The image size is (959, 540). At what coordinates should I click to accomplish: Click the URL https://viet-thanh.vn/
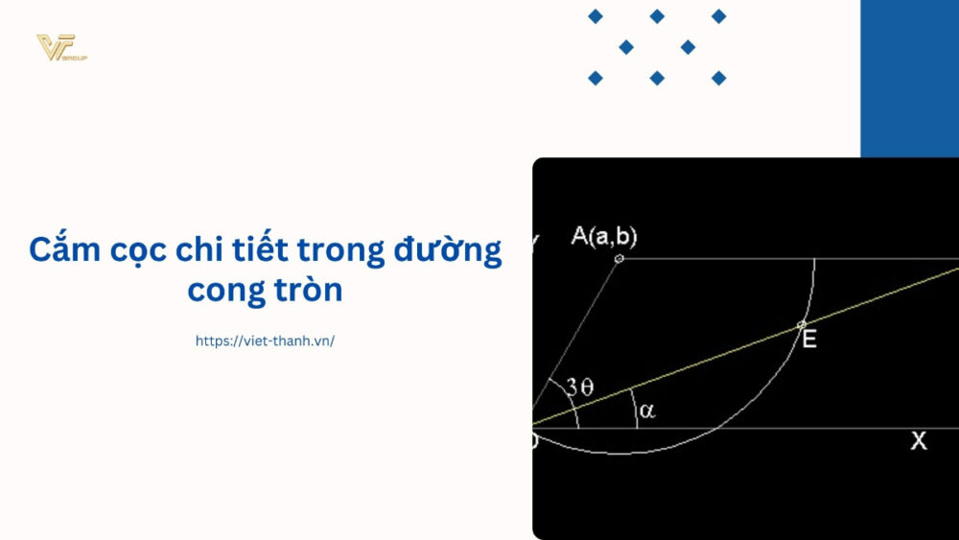[x=265, y=340]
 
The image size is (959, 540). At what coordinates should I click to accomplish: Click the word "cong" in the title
[x=224, y=290]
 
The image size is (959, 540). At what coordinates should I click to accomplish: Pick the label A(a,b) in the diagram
[x=604, y=236]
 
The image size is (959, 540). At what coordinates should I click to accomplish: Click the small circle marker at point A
[x=619, y=258]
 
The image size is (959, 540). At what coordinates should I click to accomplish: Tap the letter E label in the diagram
[x=809, y=340]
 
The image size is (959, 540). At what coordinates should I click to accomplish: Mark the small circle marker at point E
[x=803, y=324]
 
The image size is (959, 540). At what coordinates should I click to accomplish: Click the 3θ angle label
[x=579, y=387]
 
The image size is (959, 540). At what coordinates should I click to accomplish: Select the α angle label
[x=647, y=411]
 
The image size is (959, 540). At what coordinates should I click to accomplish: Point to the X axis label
[x=919, y=441]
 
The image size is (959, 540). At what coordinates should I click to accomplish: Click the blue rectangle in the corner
[x=909, y=77]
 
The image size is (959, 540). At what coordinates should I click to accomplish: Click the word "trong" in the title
[x=340, y=251]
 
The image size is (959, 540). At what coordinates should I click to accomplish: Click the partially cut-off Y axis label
[x=536, y=239]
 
